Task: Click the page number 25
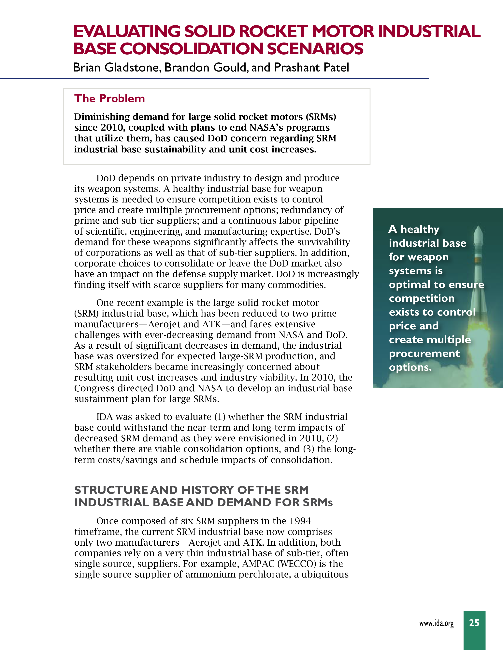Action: (x=474, y=623)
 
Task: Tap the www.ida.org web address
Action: (x=436, y=623)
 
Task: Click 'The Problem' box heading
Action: (x=109, y=98)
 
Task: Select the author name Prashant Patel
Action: (x=311, y=68)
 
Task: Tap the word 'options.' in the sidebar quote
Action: (x=410, y=367)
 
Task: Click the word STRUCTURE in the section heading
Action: (x=111, y=490)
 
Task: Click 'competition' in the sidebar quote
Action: (x=422, y=299)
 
